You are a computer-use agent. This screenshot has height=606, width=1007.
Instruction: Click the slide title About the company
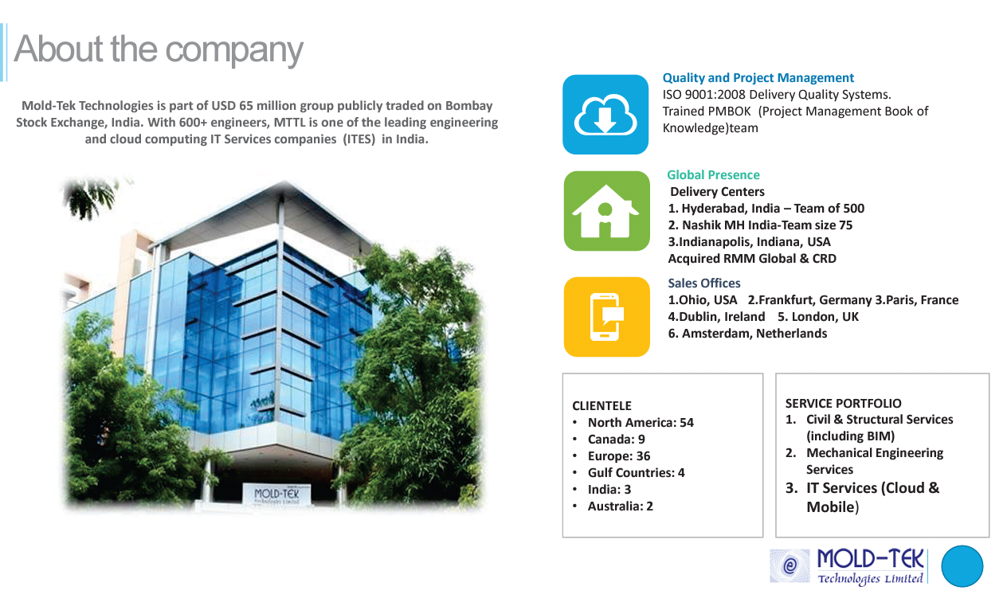tap(159, 49)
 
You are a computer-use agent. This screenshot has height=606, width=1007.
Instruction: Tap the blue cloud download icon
tap(605, 115)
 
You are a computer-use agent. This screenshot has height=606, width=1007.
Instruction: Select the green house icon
tap(606, 211)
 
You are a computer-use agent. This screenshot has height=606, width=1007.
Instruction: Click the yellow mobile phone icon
tap(606, 316)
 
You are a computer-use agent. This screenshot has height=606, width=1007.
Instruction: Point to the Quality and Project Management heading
tap(758, 78)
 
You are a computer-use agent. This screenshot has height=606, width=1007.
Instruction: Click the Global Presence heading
tap(713, 175)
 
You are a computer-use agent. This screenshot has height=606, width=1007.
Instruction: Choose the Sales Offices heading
tap(703, 283)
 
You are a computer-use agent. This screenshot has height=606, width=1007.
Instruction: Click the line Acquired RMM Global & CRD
tap(751, 259)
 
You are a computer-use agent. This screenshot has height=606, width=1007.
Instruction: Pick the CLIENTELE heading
tap(601, 406)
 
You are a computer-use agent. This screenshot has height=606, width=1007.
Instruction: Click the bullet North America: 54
tap(640, 423)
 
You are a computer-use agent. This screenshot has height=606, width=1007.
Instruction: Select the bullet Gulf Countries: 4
tap(636, 473)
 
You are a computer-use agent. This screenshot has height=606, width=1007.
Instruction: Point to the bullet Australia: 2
tap(620, 506)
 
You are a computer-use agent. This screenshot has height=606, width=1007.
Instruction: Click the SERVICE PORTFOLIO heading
tap(843, 404)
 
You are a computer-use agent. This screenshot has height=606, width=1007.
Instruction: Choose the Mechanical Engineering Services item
tap(874, 461)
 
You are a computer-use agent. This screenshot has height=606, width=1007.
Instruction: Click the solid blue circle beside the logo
tap(962, 566)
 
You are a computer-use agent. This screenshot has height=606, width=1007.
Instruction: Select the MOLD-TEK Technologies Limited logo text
tap(870, 565)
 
